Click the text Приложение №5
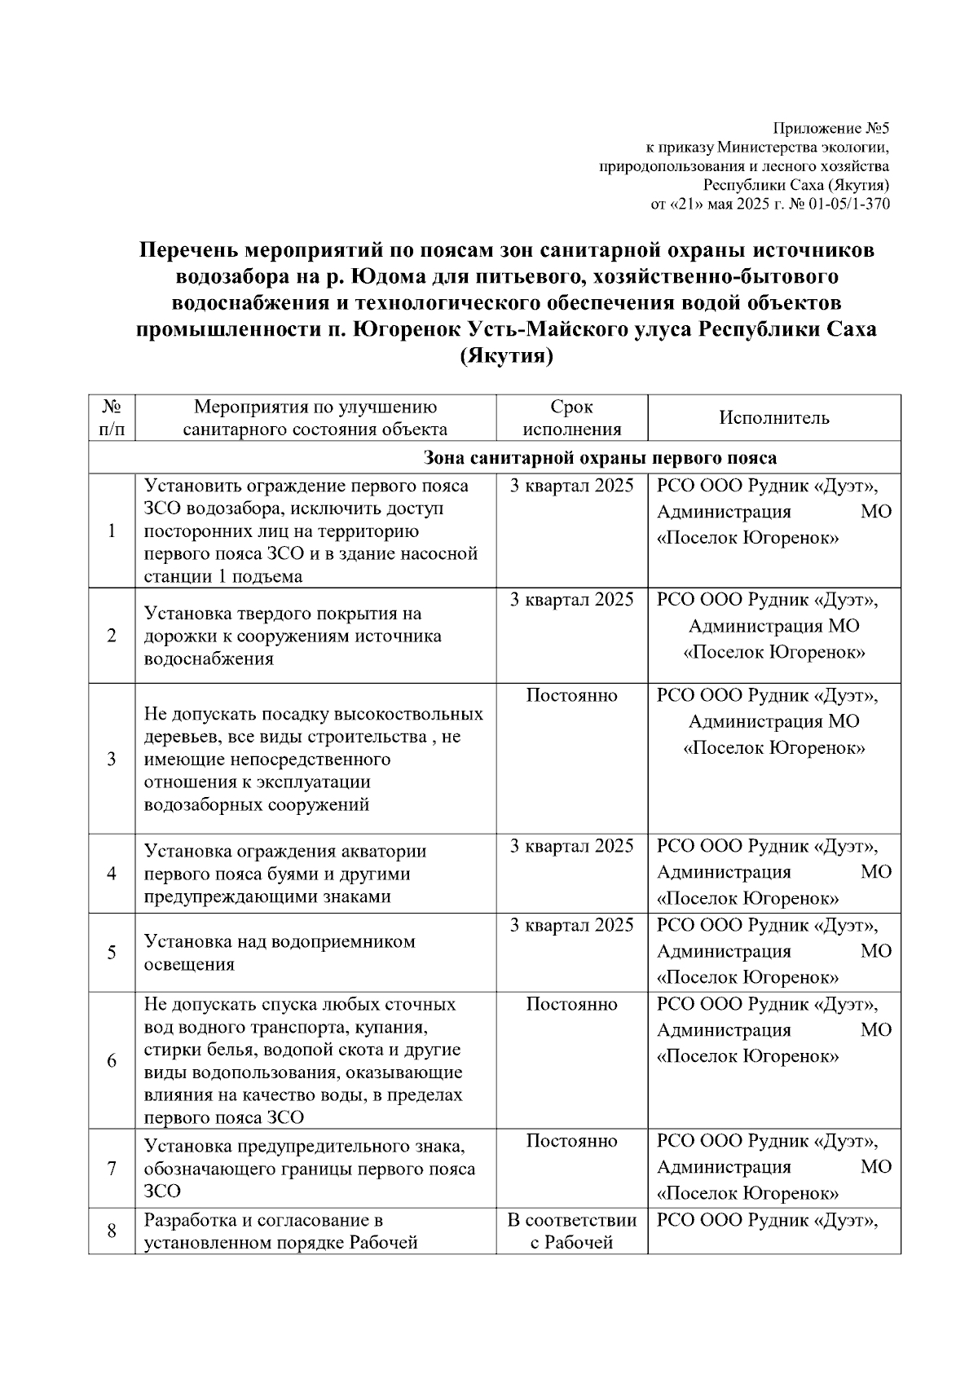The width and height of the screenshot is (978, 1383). coord(830,129)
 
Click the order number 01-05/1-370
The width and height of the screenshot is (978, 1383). coord(849,204)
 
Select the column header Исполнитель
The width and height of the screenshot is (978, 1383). coord(773,418)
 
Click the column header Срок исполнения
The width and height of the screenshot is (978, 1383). coord(571,418)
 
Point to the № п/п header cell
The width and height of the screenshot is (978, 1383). coord(112,418)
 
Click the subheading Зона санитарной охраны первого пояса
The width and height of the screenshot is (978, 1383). coord(600,458)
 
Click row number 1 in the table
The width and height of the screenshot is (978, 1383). coord(112,531)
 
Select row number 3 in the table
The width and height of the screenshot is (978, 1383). coord(112,759)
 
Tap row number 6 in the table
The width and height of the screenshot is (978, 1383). coord(112,1060)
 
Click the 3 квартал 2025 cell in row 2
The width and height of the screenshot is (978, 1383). coord(571,600)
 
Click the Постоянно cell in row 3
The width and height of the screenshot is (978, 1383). coord(571,695)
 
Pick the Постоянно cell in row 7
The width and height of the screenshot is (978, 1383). coord(571,1141)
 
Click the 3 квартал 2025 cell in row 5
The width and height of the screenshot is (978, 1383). coord(571,925)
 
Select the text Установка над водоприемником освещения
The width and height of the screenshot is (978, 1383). coord(280,953)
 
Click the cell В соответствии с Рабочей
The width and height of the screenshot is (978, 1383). coord(571,1231)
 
